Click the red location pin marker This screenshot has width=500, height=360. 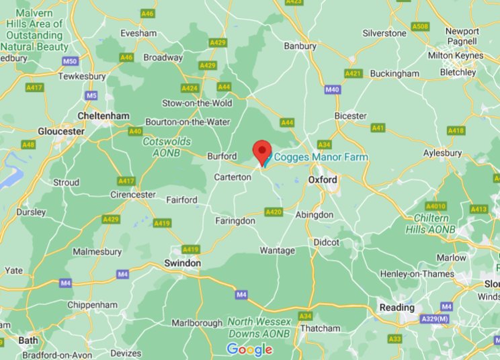(x=261, y=150)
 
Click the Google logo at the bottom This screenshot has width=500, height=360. (x=249, y=349)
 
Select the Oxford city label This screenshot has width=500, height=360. (x=323, y=180)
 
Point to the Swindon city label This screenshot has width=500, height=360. (x=182, y=263)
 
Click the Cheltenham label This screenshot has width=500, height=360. (x=103, y=116)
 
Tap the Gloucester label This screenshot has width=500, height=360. (x=61, y=131)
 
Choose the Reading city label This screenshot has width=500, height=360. (x=397, y=308)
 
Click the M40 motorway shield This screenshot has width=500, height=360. (x=332, y=89)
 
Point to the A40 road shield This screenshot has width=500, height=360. (x=136, y=131)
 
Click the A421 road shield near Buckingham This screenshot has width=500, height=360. (x=353, y=73)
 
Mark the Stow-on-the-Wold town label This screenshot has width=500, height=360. (x=197, y=103)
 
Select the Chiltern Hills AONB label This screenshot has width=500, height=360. (x=431, y=224)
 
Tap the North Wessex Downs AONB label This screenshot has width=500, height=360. (x=259, y=328)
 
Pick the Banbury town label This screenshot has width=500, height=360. (x=300, y=46)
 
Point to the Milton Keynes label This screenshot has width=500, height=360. (x=455, y=55)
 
